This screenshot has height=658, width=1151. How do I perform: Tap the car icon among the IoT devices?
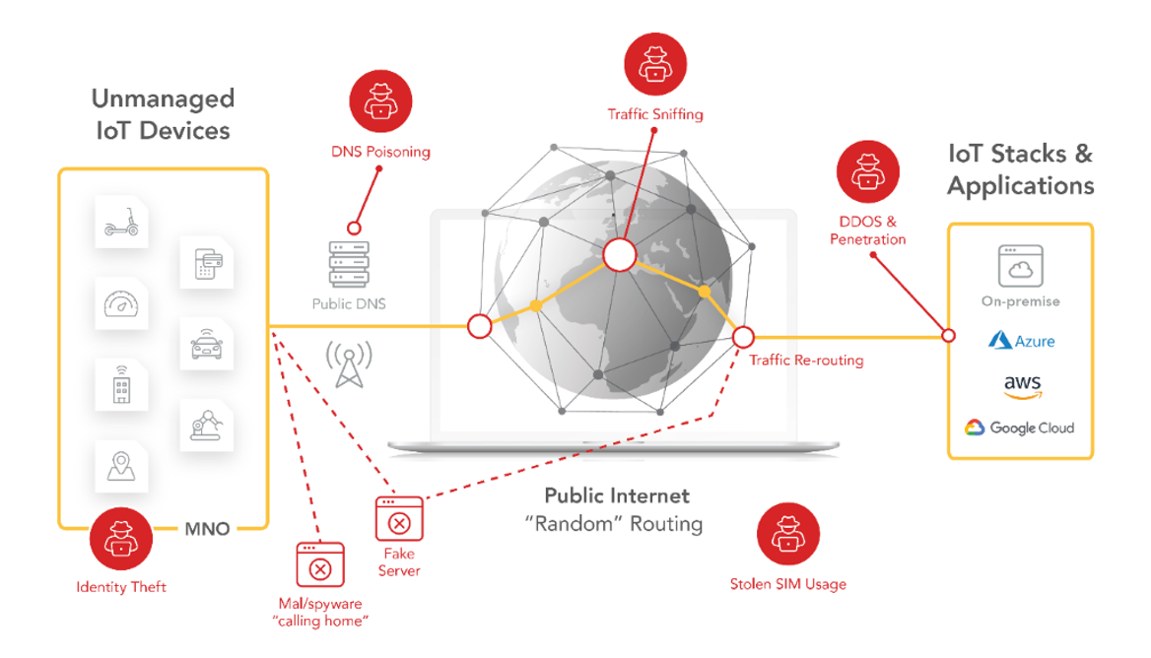(207, 346)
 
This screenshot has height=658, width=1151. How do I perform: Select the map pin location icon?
(121, 467)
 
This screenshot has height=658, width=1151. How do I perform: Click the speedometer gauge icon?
(121, 304)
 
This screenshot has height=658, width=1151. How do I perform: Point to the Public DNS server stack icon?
(349, 263)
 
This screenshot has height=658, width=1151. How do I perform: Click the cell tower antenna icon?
(348, 364)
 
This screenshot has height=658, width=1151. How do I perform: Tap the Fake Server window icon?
(399, 519)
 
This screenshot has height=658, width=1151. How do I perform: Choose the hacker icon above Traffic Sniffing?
(655, 64)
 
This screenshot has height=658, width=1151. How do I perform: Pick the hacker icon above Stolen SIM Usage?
(787, 534)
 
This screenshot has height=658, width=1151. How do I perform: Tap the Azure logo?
(1021, 341)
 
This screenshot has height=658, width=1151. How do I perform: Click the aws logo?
(1022, 386)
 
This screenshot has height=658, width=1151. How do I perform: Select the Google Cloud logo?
(1020, 428)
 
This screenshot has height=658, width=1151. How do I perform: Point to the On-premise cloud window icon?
(1021, 266)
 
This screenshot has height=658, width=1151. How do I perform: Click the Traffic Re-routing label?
(806, 361)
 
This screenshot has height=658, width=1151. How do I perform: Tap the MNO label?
(207, 530)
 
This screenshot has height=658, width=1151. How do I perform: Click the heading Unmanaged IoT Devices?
(163, 114)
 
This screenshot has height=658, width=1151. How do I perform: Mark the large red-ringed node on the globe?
(619, 254)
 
